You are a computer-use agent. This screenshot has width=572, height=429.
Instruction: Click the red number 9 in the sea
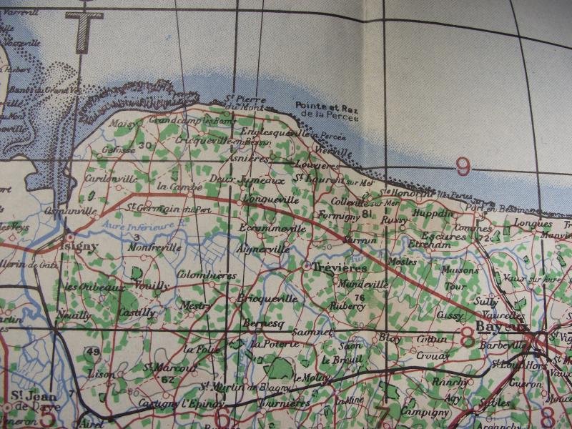tap(463, 168)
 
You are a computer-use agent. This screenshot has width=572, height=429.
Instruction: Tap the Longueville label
tap(265, 199)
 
